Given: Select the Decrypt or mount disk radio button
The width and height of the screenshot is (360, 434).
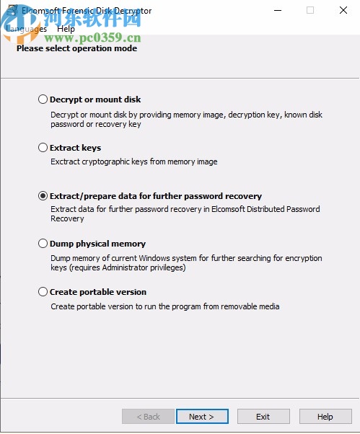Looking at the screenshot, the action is click(43, 99).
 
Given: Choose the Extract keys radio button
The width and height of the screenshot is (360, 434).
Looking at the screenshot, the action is click(43, 148).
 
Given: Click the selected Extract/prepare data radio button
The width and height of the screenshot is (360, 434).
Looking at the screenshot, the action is click(43, 196).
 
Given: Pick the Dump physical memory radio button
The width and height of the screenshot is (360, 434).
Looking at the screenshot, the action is click(43, 244).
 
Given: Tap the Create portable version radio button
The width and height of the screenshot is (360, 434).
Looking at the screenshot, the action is click(43, 292).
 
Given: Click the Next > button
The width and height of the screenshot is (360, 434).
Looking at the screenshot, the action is click(201, 417).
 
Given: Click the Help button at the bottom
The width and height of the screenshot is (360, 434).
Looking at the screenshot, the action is click(325, 417).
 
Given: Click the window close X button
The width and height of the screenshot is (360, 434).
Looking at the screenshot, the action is click(343, 10).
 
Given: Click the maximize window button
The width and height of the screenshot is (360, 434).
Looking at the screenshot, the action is click(310, 10).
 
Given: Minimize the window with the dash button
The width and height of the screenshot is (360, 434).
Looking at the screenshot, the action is click(278, 10).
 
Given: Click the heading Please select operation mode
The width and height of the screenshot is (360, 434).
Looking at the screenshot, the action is click(76, 48).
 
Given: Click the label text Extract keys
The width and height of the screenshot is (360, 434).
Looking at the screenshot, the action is click(75, 148).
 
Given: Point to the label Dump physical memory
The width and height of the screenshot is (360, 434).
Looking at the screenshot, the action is click(97, 244).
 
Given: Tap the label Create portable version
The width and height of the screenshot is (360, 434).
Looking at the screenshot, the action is click(97, 292).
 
